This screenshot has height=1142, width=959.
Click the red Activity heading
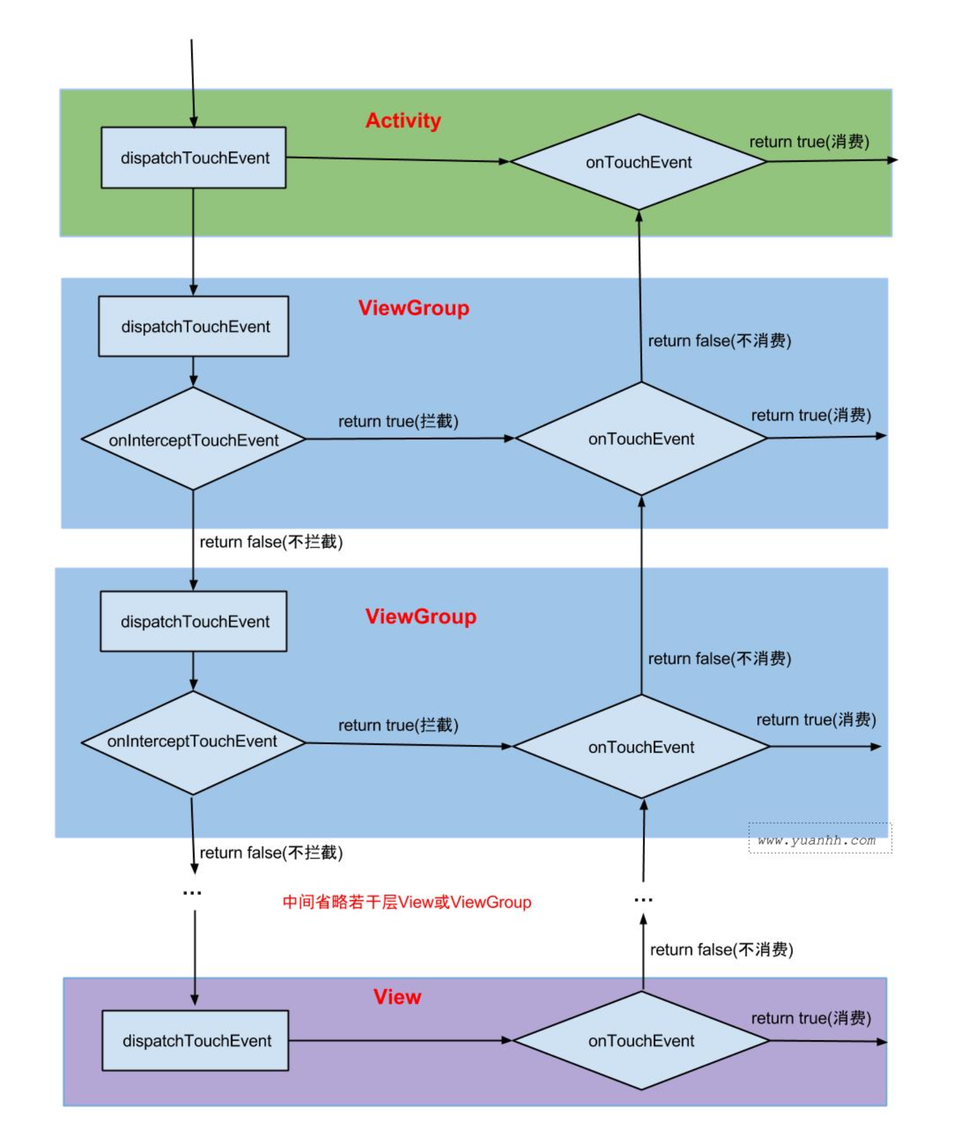click(x=403, y=120)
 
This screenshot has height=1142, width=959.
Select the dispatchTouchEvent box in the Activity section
click(x=194, y=157)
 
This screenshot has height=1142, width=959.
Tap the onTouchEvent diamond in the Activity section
click(x=639, y=162)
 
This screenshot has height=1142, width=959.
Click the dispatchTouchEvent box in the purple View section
click(x=195, y=1041)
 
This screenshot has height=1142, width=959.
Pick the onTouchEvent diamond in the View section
click(x=641, y=1041)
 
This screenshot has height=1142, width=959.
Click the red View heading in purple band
click(x=397, y=997)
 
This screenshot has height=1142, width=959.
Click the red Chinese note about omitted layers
click(x=406, y=902)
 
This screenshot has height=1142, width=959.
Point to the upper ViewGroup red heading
click(x=414, y=308)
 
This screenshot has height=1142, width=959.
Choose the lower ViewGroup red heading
click(x=420, y=616)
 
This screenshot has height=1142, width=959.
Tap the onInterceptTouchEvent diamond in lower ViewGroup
click(x=192, y=741)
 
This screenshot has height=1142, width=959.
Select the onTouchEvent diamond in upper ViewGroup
click(x=641, y=439)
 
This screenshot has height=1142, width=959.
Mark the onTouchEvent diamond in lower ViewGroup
click(x=641, y=747)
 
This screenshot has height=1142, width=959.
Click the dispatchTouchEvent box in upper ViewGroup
click(x=194, y=326)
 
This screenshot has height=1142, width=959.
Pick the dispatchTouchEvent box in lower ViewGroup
click(x=194, y=622)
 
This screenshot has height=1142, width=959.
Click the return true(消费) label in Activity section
click(x=809, y=142)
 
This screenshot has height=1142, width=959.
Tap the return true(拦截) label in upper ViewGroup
click(x=398, y=421)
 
